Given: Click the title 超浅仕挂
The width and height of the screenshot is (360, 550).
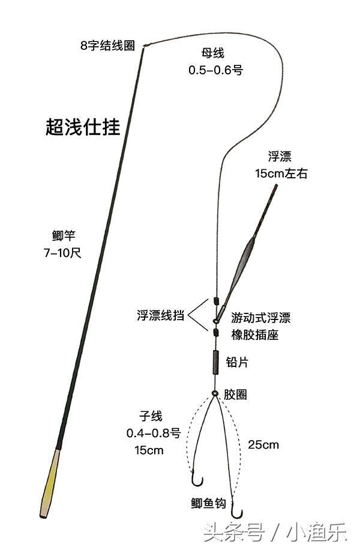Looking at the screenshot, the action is tap(83, 127).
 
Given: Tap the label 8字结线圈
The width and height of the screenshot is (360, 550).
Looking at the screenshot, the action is tap(107, 45).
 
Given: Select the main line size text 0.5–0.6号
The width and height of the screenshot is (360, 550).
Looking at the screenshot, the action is tap(215, 70).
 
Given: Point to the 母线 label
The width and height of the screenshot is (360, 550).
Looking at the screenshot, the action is tap(212, 53).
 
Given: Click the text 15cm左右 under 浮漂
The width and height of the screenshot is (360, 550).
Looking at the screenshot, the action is tap(281, 174).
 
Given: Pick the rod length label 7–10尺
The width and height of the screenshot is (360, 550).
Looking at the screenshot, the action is tap(62, 253).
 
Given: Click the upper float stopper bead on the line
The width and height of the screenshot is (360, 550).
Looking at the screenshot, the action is tap(216, 301).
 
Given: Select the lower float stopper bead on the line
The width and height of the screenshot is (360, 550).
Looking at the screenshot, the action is tap(216, 332).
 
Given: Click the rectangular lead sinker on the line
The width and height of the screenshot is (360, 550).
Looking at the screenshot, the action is tap(215, 362).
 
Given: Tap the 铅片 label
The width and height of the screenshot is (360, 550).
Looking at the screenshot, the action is tap(237, 362).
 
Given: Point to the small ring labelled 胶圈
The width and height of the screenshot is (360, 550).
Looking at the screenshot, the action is tap(215, 393).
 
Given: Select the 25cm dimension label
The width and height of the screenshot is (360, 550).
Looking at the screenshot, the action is tap(263, 445).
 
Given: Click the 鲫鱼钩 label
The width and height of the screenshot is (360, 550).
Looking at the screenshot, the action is tap(208, 503).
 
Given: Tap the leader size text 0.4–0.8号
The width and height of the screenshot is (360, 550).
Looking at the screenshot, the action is tap(154, 433).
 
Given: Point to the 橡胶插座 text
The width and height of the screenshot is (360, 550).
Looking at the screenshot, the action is tap(255, 335).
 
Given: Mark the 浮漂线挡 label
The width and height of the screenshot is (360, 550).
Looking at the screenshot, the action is tap(160, 315).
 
